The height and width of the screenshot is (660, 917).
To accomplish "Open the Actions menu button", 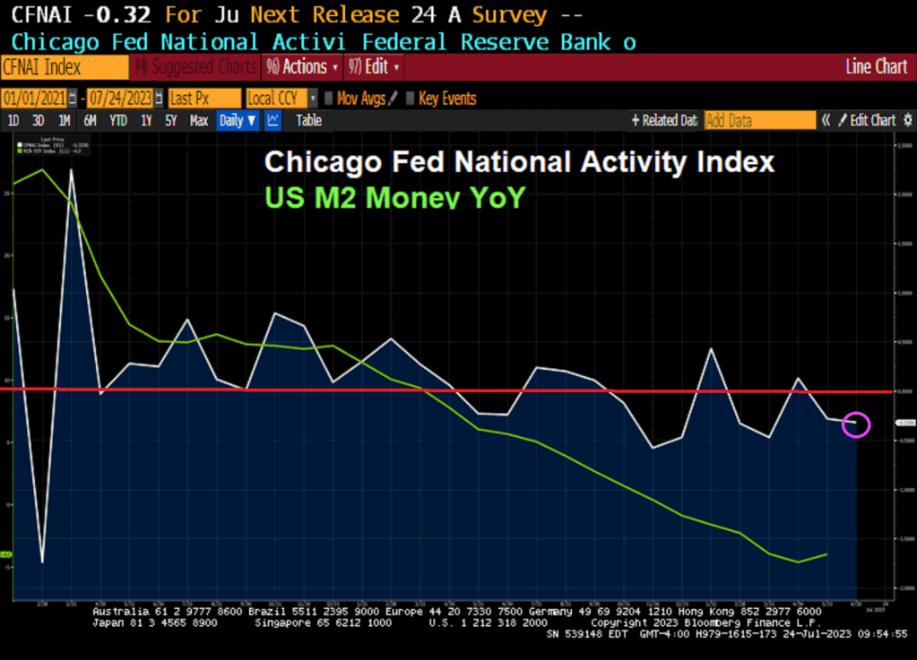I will click(x=302, y=67).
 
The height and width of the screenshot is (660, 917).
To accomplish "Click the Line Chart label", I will click(x=876, y=67).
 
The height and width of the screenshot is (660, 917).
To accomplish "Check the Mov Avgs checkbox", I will click(x=329, y=99).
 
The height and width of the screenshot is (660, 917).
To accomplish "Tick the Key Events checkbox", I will click(x=411, y=99).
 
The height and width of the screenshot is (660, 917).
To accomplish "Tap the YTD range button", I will click(x=118, y=121).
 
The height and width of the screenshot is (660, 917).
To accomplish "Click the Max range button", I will click(x=199, y=121).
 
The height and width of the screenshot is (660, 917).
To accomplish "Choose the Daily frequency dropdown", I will click(x=238, y=121).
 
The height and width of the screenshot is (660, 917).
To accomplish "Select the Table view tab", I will click(x=308, y=121).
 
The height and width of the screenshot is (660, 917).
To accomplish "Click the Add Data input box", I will click(x=759, y=121).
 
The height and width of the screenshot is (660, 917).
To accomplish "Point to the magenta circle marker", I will click(x=856, y=424).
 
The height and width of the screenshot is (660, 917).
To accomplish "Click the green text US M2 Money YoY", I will click(x=394, y=198).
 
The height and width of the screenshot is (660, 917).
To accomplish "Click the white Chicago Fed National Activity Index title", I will click(x=519, y=162).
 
